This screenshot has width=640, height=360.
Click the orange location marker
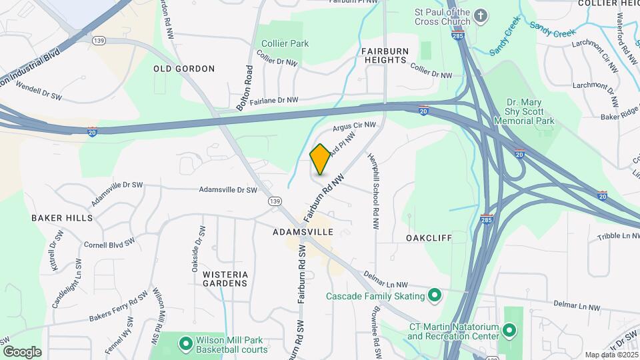(320, 159)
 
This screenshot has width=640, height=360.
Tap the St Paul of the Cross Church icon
(481, 15)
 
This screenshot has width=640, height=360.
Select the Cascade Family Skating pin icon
(435, 295)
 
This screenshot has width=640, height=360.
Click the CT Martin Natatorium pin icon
(509, 329)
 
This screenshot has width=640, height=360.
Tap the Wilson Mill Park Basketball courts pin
(186, 343)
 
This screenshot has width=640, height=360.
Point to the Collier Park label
(285, 43)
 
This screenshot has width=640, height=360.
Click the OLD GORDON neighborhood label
(184, 69)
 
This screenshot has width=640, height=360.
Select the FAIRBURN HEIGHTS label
(383, 55)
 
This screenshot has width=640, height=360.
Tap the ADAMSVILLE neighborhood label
(303, 232)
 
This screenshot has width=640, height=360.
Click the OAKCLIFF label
(429, 237)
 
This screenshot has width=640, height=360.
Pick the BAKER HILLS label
(62, 218)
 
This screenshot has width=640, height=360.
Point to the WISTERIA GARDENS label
(225, 279)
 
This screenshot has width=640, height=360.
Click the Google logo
(23, 352)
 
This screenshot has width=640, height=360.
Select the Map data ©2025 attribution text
(611, 355)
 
